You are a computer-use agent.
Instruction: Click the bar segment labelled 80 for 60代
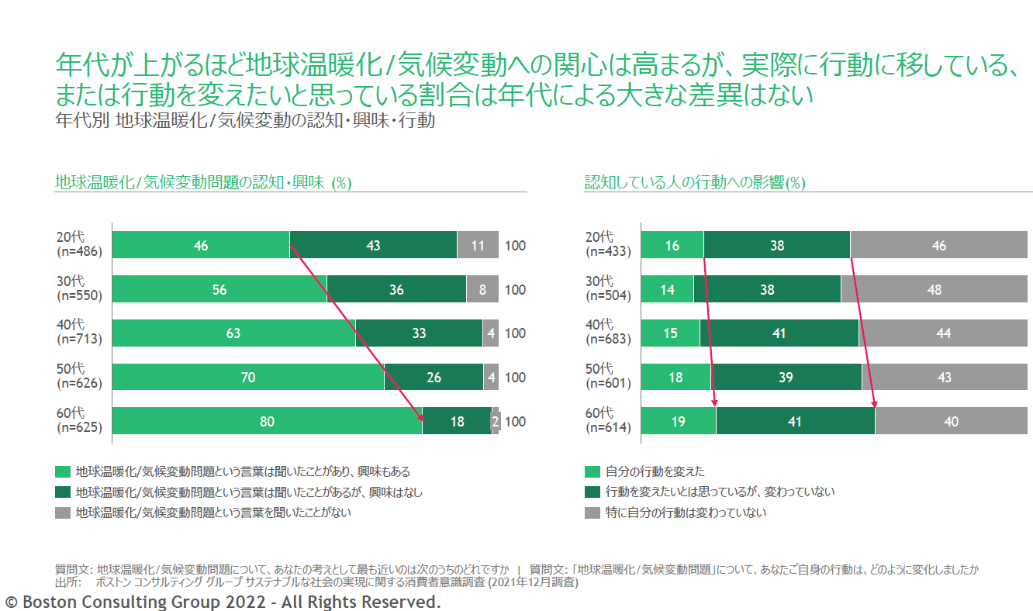click(x=267, y=422)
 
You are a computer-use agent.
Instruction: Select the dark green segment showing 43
click(x=373, y=246)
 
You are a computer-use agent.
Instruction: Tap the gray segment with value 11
click(x=478, y=246)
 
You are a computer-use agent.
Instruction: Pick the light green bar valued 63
click(x=233, y=333)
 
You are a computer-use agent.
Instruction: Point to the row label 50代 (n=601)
click(x=608, y=376)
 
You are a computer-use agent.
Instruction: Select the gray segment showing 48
click(x=935, y=290)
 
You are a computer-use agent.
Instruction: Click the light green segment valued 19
click(x=679, y=422)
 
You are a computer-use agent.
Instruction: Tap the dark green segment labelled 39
click(x=786, y=378)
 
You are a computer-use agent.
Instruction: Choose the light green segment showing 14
click(x=668, y=290)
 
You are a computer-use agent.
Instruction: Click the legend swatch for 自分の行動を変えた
click(x=592, y=471)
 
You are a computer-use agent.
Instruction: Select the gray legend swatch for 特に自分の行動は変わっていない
click(x=592, y=513)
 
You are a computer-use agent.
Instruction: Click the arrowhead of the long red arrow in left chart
click(x=421, y=418)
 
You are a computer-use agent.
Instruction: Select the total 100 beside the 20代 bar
click(x=515, y=246)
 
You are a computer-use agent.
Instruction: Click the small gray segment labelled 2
click(x=496, y=422)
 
